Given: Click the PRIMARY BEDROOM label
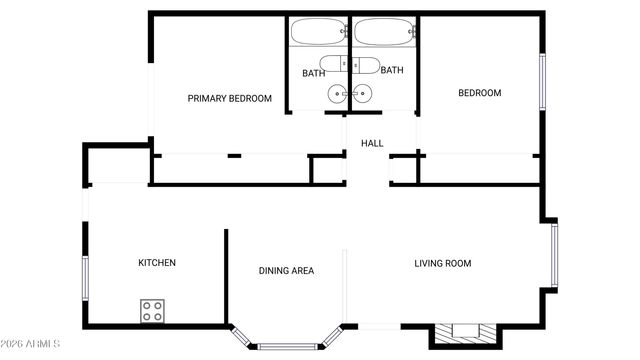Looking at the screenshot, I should tap(230, 98).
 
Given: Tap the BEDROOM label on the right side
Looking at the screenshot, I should tap(479, 93).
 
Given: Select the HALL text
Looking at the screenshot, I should tap(372, 144).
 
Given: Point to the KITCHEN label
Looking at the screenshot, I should tap(157, 263).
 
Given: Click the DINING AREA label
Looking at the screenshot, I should tap(287, 271).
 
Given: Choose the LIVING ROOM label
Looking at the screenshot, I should tap(443, 264).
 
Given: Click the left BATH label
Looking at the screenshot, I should tap(313, 73).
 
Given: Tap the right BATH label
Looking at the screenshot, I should tap(391, 70).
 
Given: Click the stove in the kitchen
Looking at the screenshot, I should tap(152, 311).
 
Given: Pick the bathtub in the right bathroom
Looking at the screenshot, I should tap(382, 32).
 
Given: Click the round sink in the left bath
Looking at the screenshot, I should tap(337, 95).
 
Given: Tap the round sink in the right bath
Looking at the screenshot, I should tap(362, 95).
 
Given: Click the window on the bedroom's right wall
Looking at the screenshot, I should tap(543, 82).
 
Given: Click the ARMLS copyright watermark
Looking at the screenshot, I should tap(31, 344).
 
